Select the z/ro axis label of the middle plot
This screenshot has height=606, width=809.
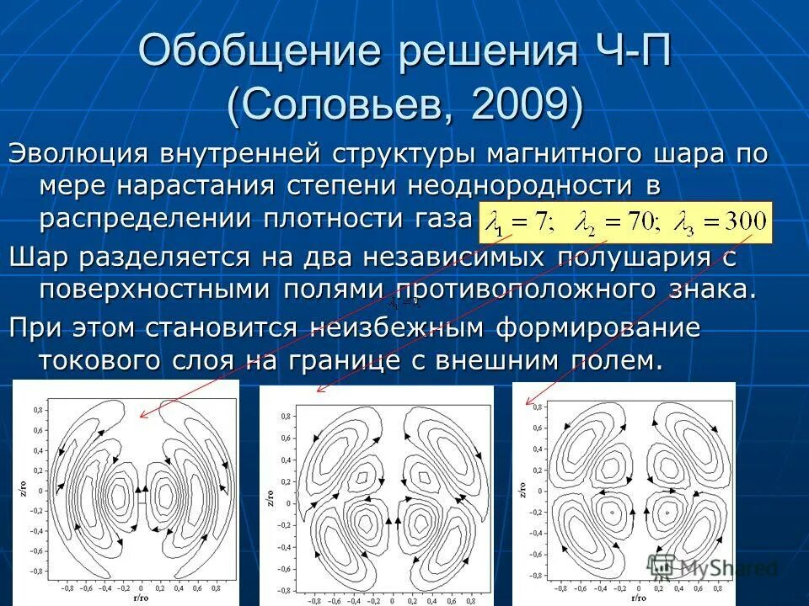(270, 498)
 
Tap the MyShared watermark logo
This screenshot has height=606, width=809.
(712, 568)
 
